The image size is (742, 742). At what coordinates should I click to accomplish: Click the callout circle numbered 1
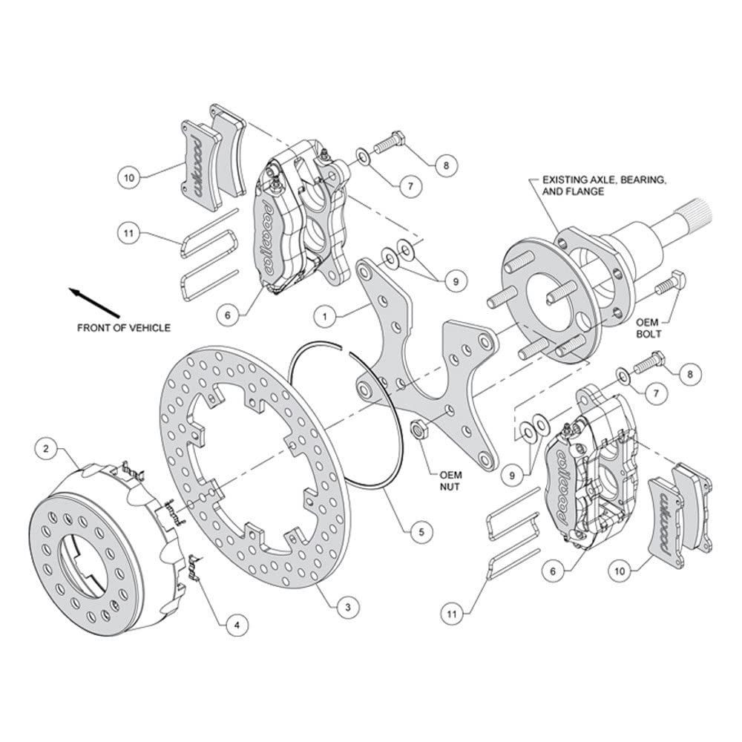click(325, 316)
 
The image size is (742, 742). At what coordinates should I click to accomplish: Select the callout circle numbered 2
click(46, 449)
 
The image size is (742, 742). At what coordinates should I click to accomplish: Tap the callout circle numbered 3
click(348, 607)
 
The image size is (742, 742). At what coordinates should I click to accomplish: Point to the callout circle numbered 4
click(237, 626)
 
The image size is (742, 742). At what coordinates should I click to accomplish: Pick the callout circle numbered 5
click(421, 532)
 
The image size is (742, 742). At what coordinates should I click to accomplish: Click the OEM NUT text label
click(450, 480)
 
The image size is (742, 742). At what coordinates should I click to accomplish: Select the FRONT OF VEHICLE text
click(124, 327)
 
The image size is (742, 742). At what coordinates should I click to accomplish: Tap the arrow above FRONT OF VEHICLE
click(94, 303)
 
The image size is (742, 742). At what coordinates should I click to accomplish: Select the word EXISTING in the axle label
click(565, 180)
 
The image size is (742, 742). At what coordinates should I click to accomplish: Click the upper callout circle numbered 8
click(446, 165)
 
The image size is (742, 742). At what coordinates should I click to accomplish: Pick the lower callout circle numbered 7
click(656, 393)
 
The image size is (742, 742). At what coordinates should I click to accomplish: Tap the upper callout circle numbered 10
click(129, 178)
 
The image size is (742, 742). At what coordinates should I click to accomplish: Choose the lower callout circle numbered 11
click(452, 614)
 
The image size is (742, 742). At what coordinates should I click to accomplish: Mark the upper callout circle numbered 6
click(228, 315)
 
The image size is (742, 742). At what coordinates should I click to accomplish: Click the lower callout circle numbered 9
click(511, 476)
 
